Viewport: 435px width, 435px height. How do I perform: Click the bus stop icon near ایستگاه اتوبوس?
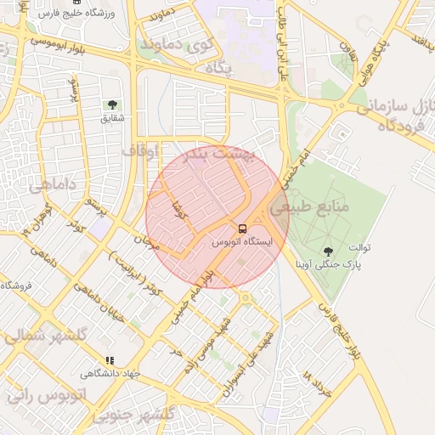click(x=243, y=229)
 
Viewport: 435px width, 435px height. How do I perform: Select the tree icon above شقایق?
click(x=111, y=104)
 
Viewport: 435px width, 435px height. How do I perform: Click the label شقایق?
click(x=112, y=117)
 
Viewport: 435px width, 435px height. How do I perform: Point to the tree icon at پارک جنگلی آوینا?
click(x=328, y=251)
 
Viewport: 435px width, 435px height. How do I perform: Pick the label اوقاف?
click(x=141, y=150)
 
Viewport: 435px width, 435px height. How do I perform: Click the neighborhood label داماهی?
click(x=53, y=184)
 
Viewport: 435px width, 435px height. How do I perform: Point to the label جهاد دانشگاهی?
click(x=110, y=374)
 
